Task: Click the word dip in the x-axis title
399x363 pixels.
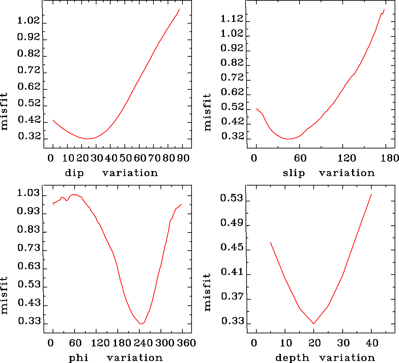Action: (x=74, y=173)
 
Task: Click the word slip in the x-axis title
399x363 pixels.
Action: (x=294, y=173)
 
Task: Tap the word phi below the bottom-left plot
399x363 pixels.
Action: (x=79, y=358)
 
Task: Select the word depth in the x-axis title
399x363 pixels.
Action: (x=292, y=358)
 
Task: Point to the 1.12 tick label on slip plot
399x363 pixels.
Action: (x=232, y=19)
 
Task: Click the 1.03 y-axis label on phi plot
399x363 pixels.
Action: (x=29, y=194)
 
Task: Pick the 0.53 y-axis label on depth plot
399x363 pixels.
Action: (x=232, y=198)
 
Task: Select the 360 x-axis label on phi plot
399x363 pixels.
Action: (x=187, y=343)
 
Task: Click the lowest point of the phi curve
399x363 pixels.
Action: (x=141, y=324)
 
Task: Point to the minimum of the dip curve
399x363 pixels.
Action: (x=87, y=139)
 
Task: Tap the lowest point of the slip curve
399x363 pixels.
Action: (x=288, y=139)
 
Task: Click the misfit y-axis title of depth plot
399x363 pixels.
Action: (x=207, y=292)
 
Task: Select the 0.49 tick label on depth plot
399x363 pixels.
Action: (x=232, y=223)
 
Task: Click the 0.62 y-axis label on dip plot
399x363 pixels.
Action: (x=29, y=87)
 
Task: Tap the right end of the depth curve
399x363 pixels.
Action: (x=371, y=194)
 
